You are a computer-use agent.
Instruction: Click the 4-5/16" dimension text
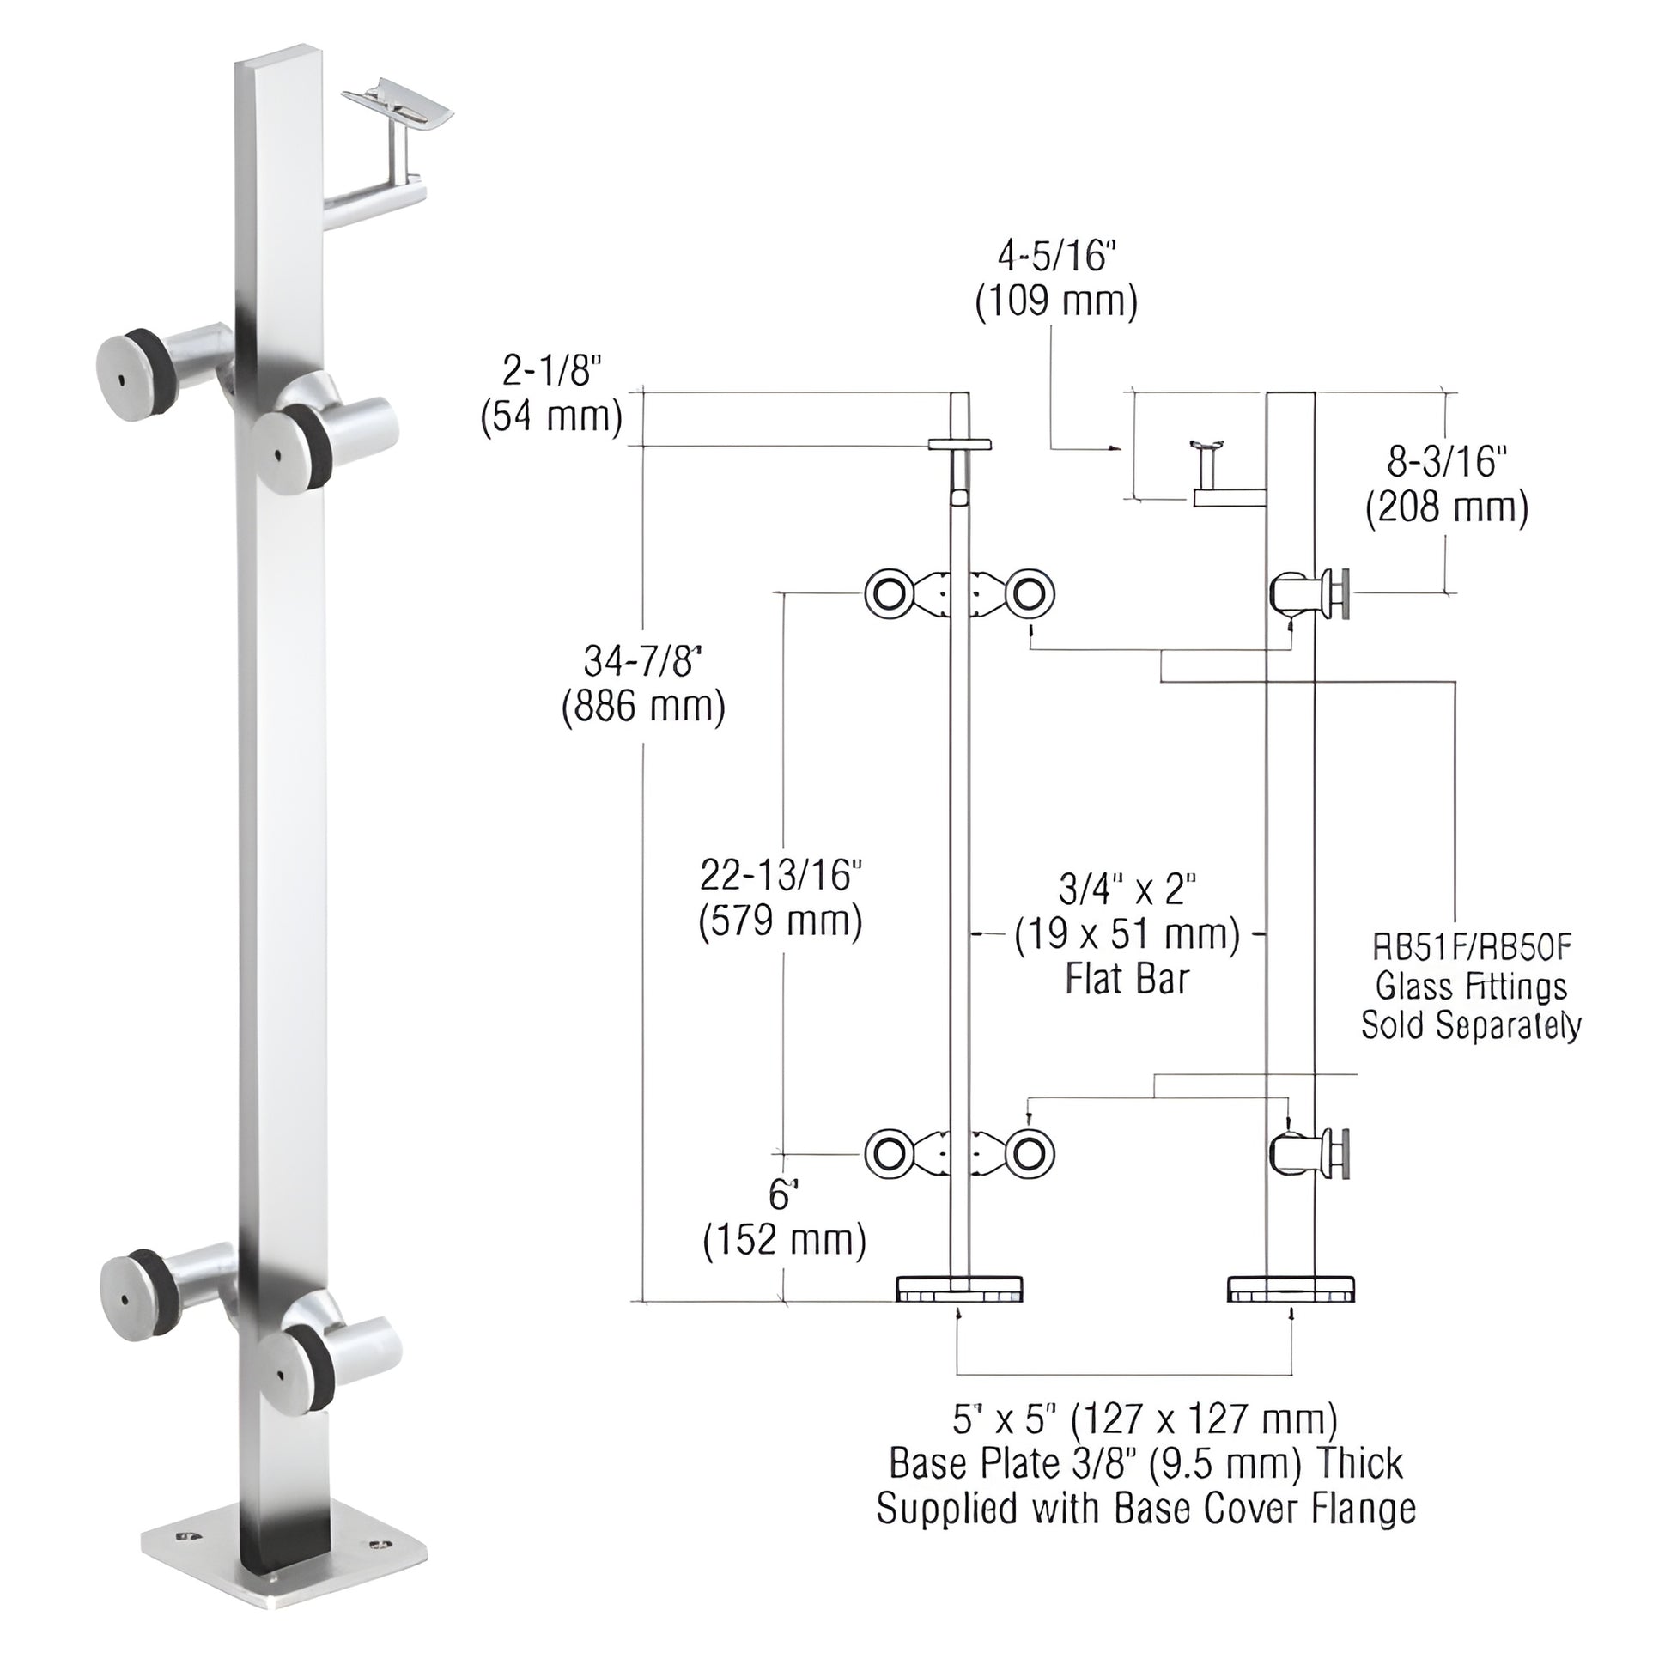click(x=1056, y=258)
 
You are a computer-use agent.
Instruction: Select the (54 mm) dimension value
click(x=552, y=417)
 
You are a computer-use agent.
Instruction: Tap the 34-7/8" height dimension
click(x=641, y=662)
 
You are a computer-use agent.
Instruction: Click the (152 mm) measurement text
click(x=785, y=1241)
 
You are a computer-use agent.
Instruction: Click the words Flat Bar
click(x=1127, y=979)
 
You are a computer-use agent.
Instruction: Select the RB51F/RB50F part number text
click(x=1471, y=948)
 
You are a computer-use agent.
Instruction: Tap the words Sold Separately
click(x=1471, y=1026)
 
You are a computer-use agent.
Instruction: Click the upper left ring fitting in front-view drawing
click(x=888, y=594)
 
